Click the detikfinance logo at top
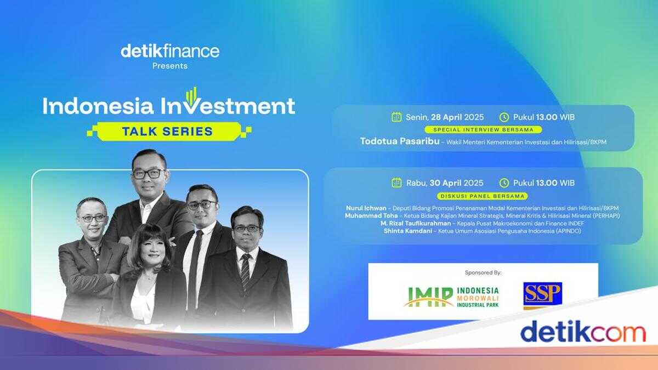click(x=170, y=51)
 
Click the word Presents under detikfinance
click(x=170, y=66)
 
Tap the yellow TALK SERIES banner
click(x=169, y=131)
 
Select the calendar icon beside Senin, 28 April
click(x=396, y=117)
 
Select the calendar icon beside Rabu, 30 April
click(x=396, y=183)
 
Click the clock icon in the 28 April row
click(x=504, y=117)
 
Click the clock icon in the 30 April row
click(x=504, y=183)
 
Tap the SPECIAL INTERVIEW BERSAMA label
click(x=483, y=130)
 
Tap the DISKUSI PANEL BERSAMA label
click(x=483, y=196)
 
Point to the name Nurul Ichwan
click(x=366, y=208)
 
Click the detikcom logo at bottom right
click(x=582, y=332)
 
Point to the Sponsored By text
click(x=483, y=272)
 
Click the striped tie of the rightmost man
click(x=245, y=272)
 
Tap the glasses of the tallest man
click(x=148, y=173)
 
